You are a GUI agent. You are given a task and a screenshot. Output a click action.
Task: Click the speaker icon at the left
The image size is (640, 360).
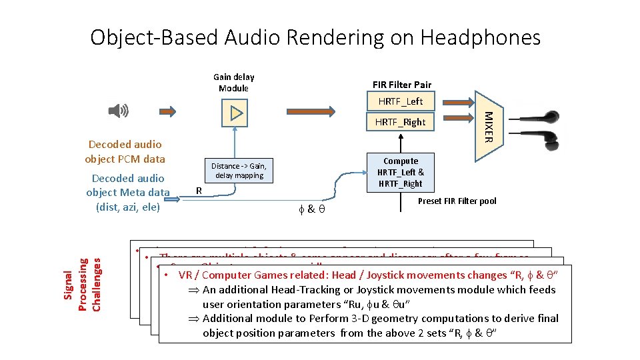(121, 111)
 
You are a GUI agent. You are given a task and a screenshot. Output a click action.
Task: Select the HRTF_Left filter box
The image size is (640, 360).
(400, 101)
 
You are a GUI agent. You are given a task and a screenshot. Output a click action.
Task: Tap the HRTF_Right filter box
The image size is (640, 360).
(400, 122)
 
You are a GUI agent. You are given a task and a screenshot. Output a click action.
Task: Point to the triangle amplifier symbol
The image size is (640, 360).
(235, 113)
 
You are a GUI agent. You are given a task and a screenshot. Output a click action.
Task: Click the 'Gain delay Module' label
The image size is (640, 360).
(233, 83)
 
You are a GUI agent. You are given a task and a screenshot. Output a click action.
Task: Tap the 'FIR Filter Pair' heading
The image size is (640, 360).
(401, 85)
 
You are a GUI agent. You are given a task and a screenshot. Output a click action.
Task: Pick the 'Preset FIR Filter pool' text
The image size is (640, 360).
(457, 201)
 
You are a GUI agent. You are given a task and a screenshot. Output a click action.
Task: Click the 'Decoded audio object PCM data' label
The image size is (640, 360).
(125, 151)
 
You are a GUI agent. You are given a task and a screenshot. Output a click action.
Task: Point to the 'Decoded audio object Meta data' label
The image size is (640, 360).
(128, 192)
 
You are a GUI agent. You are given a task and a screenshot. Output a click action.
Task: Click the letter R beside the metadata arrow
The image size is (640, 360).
(198, 190)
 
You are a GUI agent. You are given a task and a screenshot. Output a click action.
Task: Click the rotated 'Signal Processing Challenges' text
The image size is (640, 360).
(83, 280)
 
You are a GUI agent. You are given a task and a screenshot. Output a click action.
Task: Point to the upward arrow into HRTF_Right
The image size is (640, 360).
(400, 142)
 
